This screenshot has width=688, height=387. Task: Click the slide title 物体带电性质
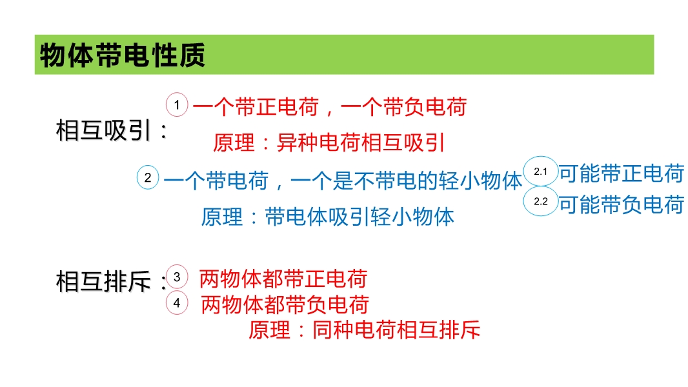(123, 55)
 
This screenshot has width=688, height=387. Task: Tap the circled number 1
(177, 104)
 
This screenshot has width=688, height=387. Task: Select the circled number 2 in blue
(148, 177)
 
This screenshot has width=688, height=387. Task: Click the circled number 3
(177, 277)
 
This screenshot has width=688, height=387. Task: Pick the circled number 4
(177, 303)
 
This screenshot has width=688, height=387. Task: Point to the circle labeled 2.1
(541, 172)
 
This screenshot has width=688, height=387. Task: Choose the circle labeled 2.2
(541, 201)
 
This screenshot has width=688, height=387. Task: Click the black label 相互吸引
(103, 130)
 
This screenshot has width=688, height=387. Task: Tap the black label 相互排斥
(103, 281)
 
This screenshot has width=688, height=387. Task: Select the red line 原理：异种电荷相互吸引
(329, 143)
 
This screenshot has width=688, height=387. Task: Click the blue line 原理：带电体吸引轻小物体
(327, 217)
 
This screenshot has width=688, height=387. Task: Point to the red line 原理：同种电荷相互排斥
(364, 330)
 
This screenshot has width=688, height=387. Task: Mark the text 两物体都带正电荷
(283, 279)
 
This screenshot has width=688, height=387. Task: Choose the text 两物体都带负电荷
(285, 304)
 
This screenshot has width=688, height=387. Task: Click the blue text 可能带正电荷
(622, 173)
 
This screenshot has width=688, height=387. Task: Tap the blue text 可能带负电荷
(622, 204)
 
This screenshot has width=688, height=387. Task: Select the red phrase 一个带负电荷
(403, 107)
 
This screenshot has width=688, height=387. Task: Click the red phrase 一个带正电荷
(256, 107)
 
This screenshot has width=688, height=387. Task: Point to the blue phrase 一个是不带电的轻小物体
(407, 181)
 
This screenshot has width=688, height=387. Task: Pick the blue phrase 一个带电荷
(216, 181)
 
